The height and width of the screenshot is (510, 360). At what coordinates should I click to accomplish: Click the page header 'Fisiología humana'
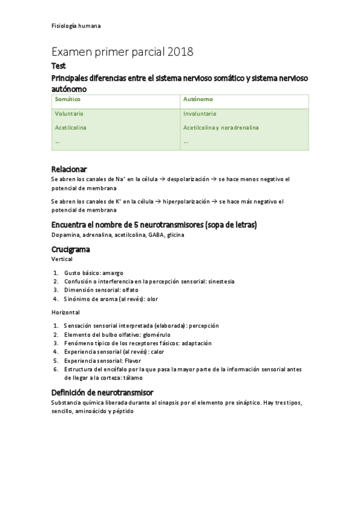pos(76,26)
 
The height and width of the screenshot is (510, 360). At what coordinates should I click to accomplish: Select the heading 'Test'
pos(59,66)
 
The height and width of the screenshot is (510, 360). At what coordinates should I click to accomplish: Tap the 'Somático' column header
pos(67,99)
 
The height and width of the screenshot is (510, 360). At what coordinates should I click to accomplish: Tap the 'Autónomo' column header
pos(198,99)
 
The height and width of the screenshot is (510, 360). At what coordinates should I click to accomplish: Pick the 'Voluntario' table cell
pos(69,114)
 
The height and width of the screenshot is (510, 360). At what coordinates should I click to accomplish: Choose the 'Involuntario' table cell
pos(200,114)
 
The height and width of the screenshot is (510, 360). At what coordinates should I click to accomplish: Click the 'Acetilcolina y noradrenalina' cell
pos(221,127)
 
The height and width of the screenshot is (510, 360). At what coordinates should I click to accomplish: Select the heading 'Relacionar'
pos(69,169)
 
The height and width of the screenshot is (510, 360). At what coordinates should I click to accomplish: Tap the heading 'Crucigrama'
pos(71,249)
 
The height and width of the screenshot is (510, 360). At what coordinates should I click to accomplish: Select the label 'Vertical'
pos(62,259)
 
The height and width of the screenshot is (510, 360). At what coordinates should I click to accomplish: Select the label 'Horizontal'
pos(65,312)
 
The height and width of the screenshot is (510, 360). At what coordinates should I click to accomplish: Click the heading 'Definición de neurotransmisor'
pos(102,392)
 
